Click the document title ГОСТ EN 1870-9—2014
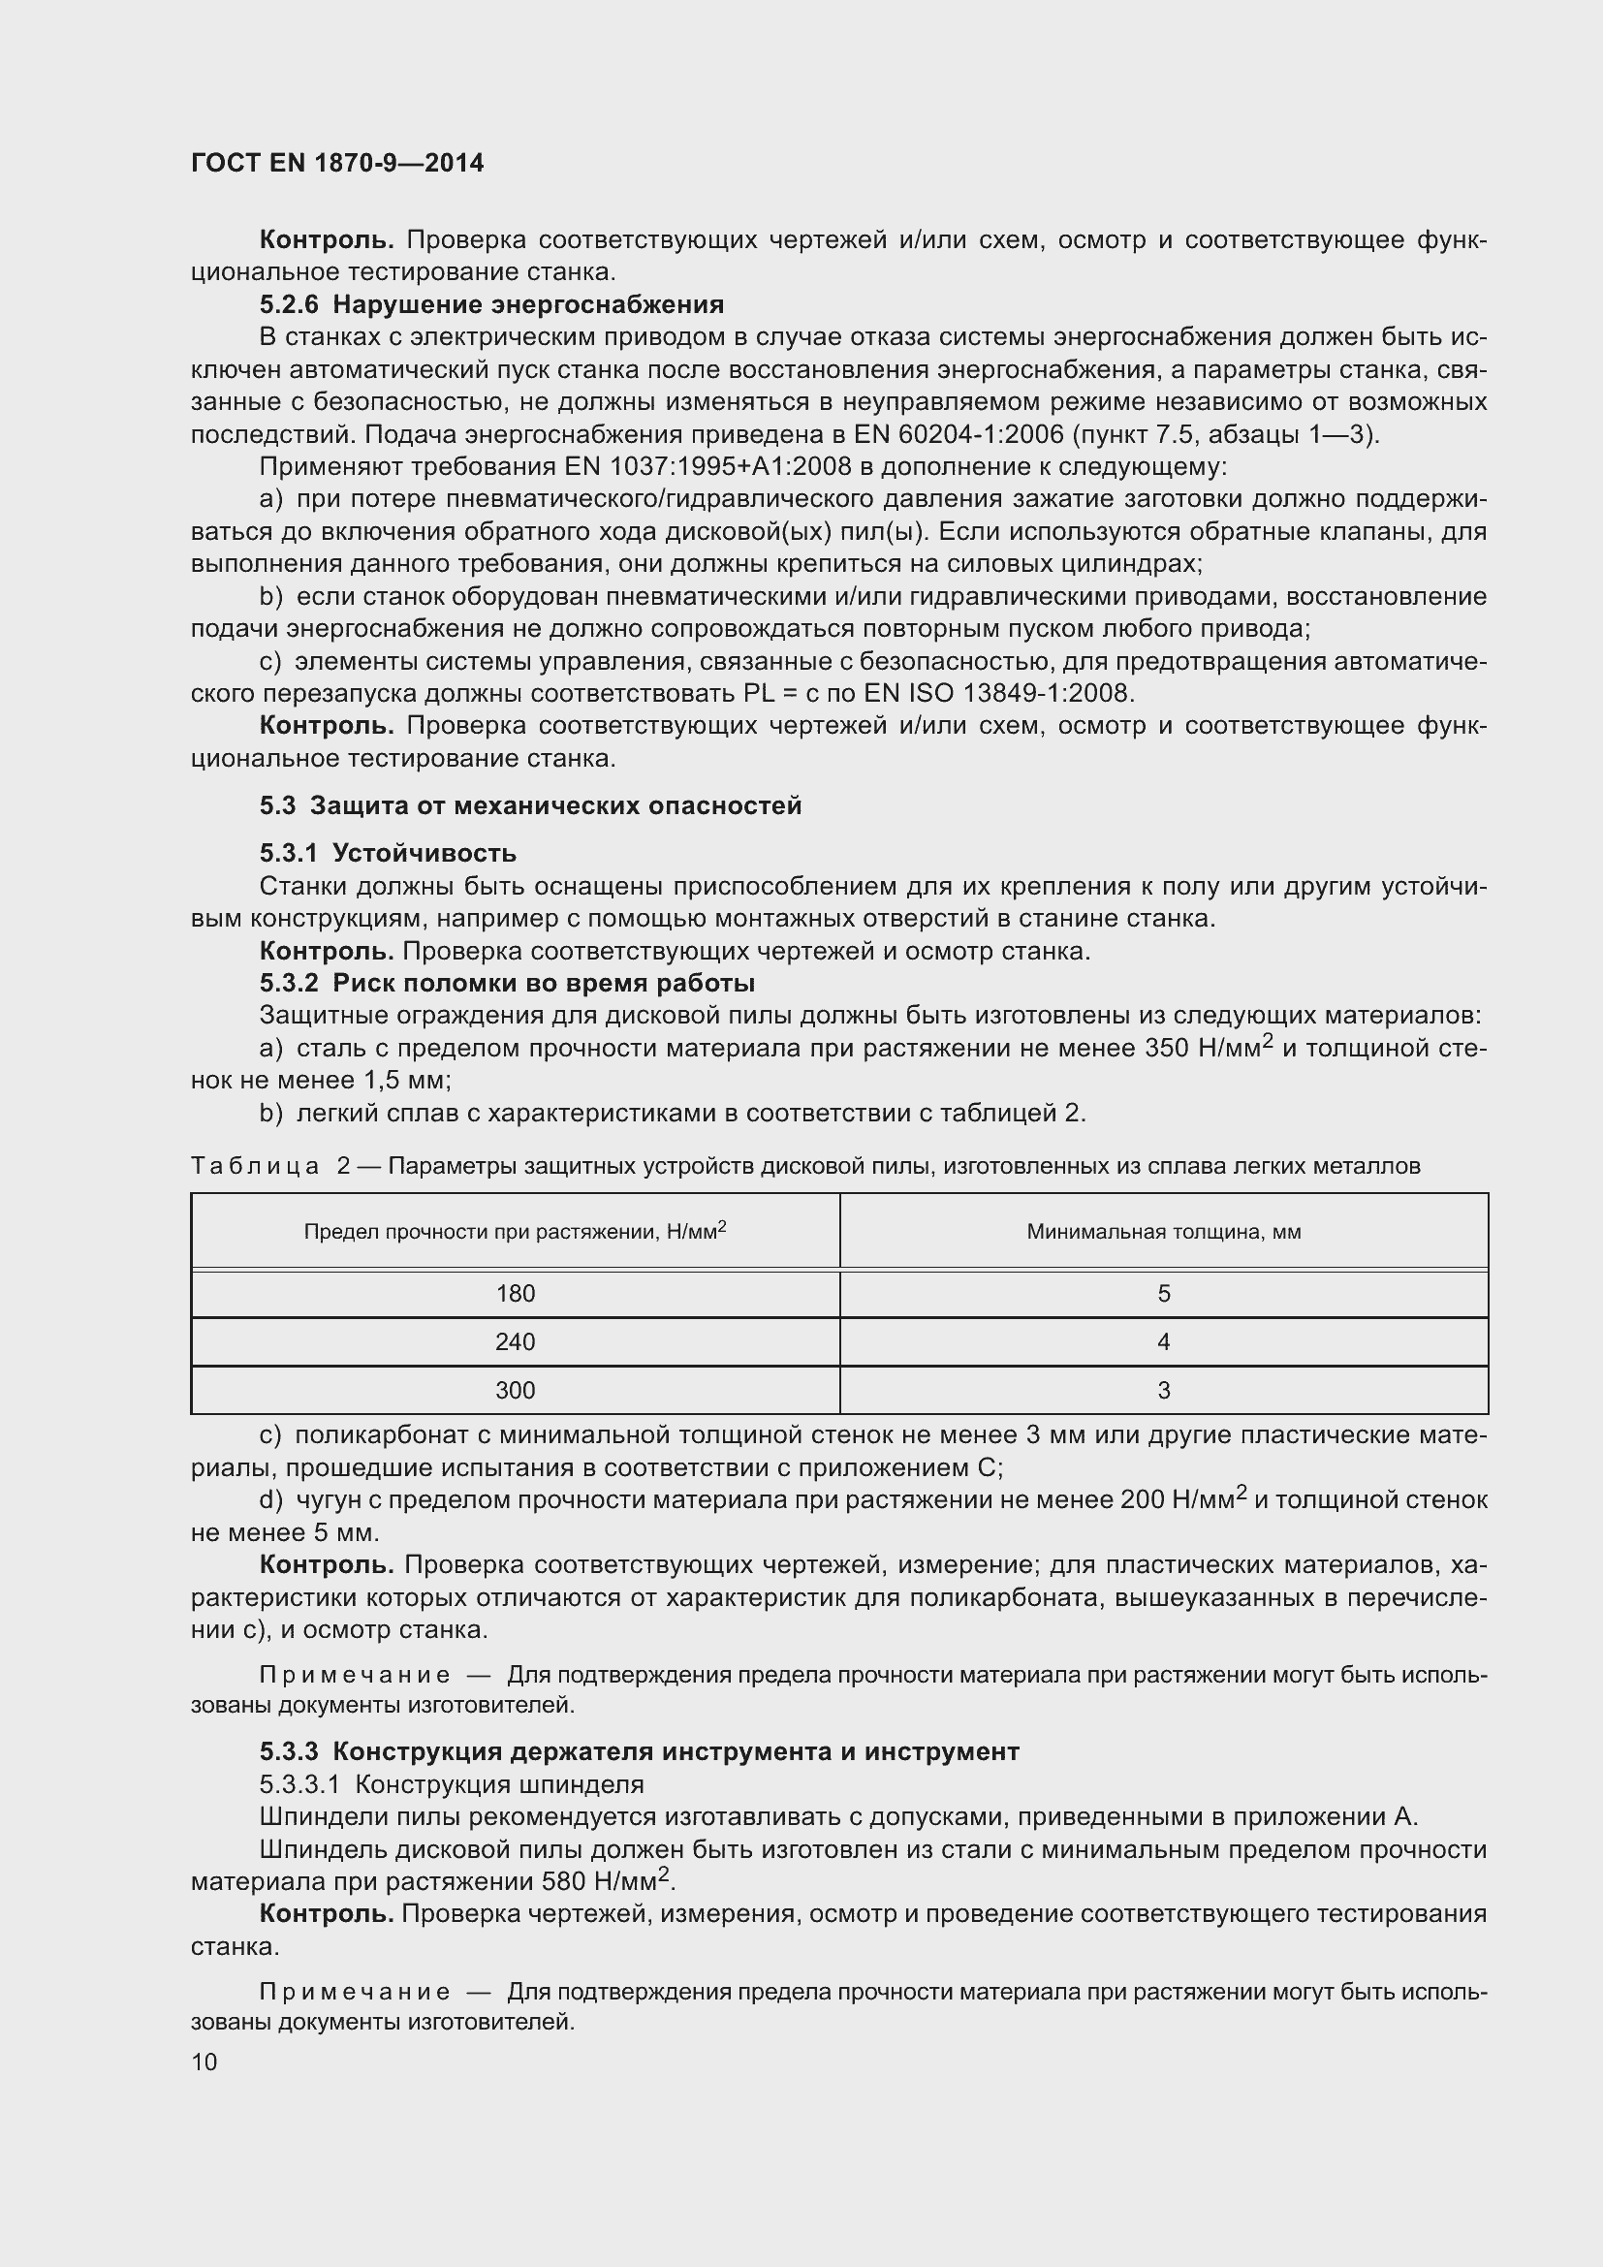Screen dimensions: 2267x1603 [x=336, y=163]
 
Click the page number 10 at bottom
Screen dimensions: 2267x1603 [x=204, y=2062]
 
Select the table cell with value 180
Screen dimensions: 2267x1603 [x=516, y=1294]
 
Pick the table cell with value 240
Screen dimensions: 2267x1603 [x=516, y=1341]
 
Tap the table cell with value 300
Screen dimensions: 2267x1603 [x=516, y=1390]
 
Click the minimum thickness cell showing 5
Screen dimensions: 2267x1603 [x=1164, y=1294]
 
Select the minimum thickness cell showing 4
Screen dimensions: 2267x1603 [x=1164, y=1341]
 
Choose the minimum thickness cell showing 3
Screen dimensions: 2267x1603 [x=1164, y=1390]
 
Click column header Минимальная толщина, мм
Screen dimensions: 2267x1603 [x=1164, y=1231]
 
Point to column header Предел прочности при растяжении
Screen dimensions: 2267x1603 [x=516, y=1231]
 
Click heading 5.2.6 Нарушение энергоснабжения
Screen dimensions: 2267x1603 [x=491, y=304]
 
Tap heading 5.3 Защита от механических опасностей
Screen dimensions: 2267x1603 [x=530, y=805]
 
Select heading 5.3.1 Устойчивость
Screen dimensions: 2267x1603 [x=388, y=853]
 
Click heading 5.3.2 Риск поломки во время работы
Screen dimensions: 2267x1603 [x=507, y=984]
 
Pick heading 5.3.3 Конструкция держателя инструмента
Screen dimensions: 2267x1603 [x=639, y=1751]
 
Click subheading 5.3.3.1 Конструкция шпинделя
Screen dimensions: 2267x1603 [x=451, y=1784]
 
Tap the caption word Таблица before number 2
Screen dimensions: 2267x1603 [x=255, y=1166]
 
